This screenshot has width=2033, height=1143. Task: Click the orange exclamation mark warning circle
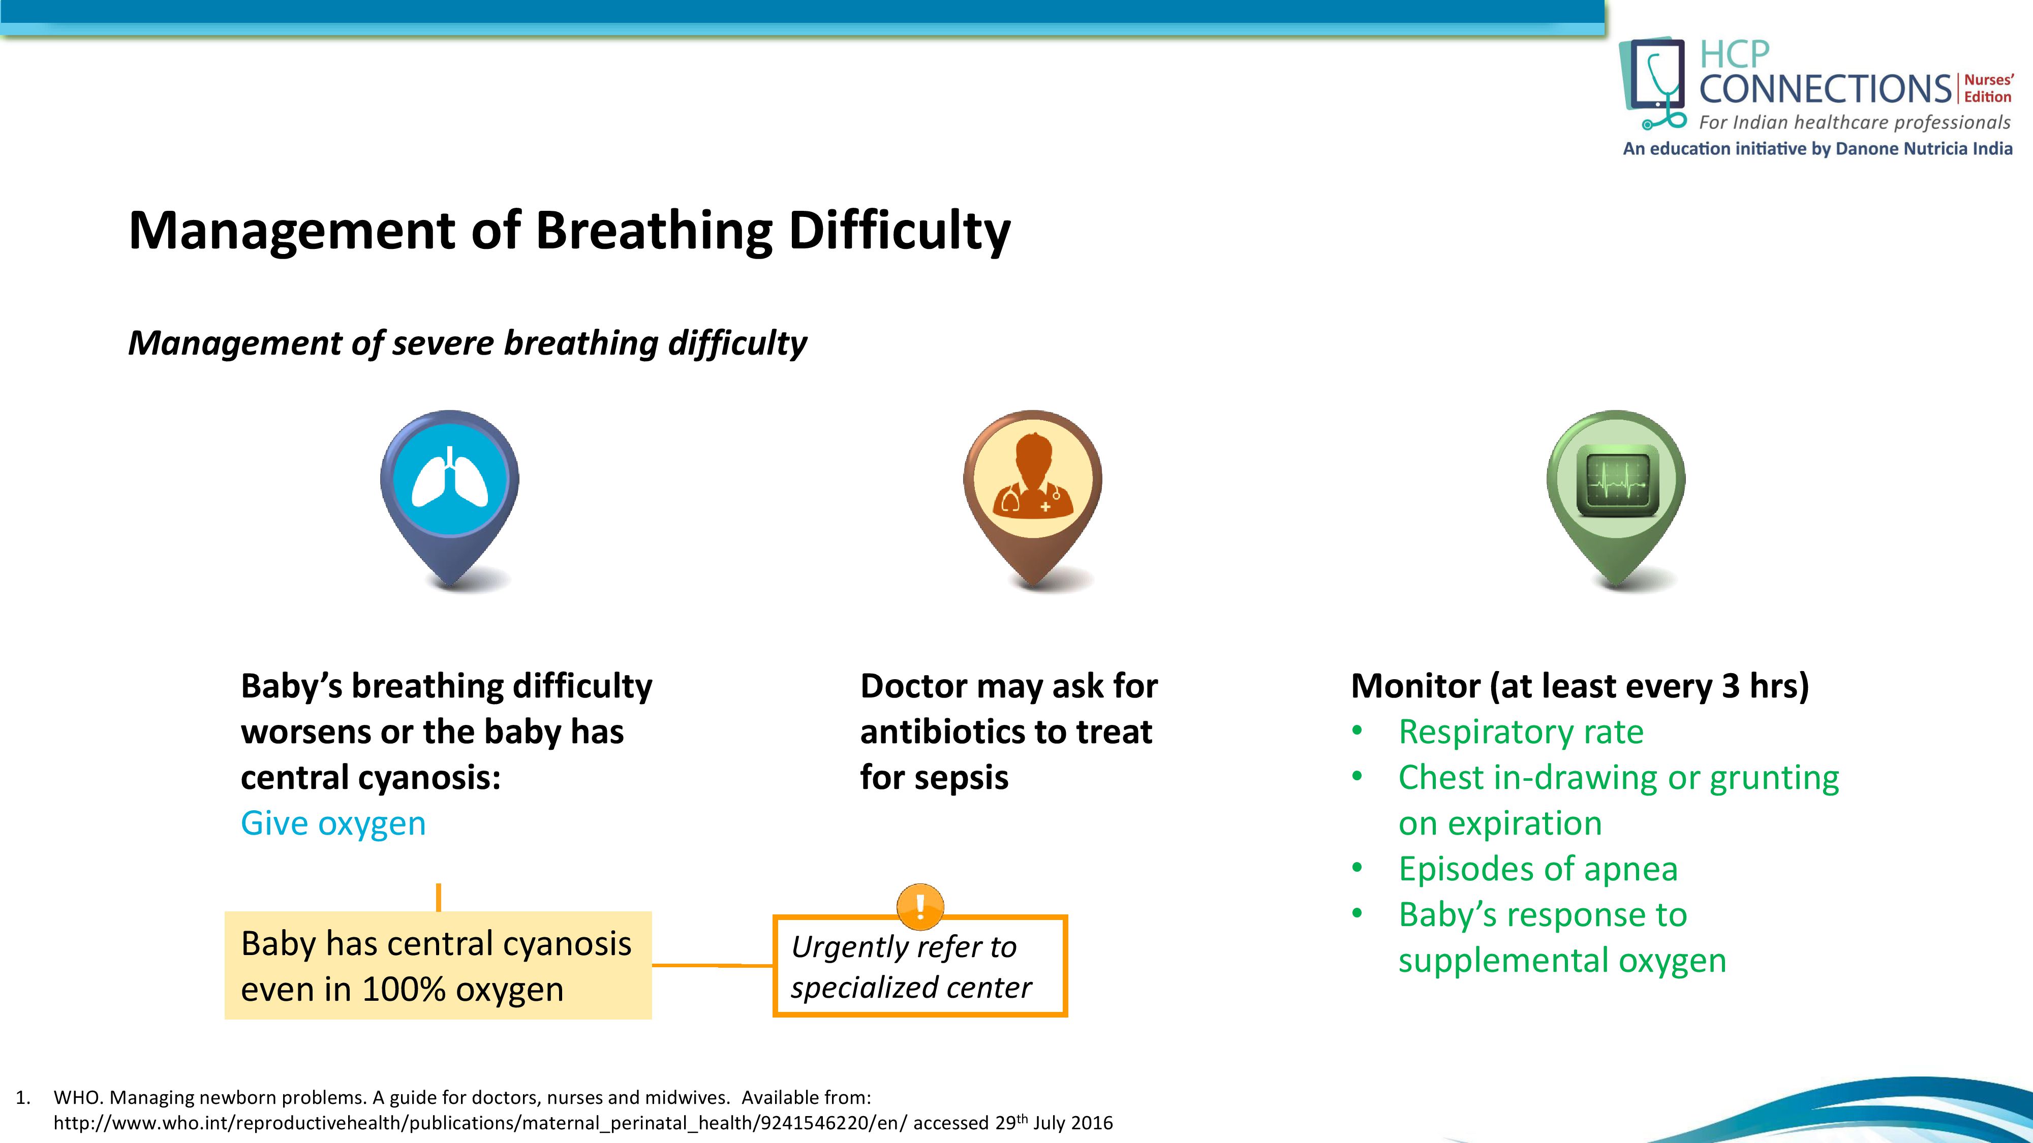(x=920, y=906)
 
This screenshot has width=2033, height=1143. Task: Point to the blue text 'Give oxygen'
(x=333, y=823)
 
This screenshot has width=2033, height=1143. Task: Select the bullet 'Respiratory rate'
(x=1521, y=732)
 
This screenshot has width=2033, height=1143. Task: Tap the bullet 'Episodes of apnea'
(x=1538, y=869)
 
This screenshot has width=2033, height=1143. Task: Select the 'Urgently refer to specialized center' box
(x=920, y=966)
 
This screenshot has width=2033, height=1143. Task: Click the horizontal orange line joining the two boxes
(x=713, y=965)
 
